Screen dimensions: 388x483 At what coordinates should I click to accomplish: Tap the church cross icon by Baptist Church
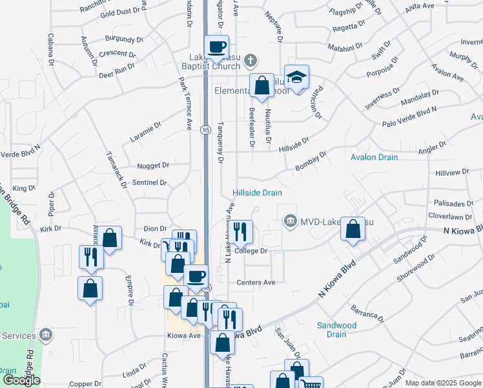click(x=251, y=61)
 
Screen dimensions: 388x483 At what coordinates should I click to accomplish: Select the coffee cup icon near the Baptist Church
click(x=216, y=47)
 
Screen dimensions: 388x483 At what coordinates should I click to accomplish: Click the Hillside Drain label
click(x=258, y=193)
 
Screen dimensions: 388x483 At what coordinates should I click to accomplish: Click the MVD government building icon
click(x=291, y=222)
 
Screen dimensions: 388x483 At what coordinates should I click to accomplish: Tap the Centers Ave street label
click(x=256, y=283)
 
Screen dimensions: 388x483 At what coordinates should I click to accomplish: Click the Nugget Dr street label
click(x=152, y=166)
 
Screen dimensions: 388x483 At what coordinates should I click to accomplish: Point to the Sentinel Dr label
click(x=150, y=183)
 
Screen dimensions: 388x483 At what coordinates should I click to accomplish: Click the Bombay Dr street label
click(x=312, y=160)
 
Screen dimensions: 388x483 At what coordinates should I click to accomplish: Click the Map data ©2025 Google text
click(x=443, y=383)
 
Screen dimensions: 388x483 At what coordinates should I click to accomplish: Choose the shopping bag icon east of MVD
click(x=353, y=229)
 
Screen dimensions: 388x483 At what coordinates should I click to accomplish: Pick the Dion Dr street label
click(x=155, y=228)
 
